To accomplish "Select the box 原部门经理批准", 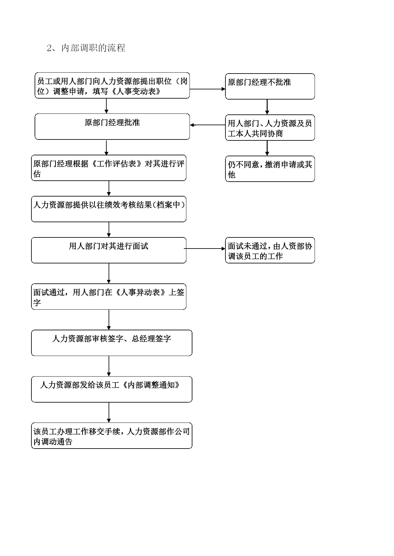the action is (112, 126).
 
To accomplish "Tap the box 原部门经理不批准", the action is (270, 86).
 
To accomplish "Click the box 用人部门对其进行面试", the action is (109, 250).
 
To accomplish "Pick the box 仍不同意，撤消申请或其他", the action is (270, 169).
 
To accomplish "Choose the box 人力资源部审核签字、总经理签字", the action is (111, 343).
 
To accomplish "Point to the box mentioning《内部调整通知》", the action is (111, 389).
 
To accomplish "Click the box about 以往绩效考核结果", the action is (109, 209).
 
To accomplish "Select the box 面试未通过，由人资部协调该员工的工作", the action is (270, 250).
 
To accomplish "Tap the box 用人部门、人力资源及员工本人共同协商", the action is (270, 127).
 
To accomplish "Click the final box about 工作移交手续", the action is (111, 436).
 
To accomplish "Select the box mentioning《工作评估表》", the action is (109, 168).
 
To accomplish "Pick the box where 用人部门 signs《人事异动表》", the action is (109, 296).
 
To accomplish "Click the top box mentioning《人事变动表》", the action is (112, 85).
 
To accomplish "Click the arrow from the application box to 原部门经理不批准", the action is (208, 89).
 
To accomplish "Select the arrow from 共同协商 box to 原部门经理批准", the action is (208, 125).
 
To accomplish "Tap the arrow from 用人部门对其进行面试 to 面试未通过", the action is (205, 249).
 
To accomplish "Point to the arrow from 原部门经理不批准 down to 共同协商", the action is (267, 107).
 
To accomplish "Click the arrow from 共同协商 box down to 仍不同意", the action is (267, 148).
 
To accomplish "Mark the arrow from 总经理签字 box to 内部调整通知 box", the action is (109, 366).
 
